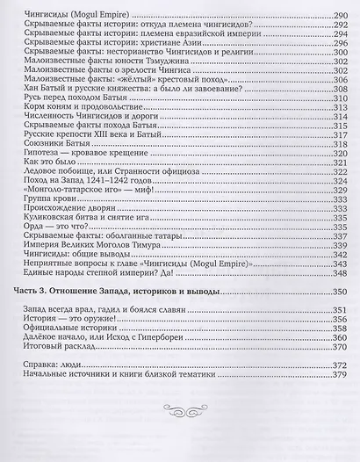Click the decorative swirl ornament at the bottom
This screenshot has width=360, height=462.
point(179,409)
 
